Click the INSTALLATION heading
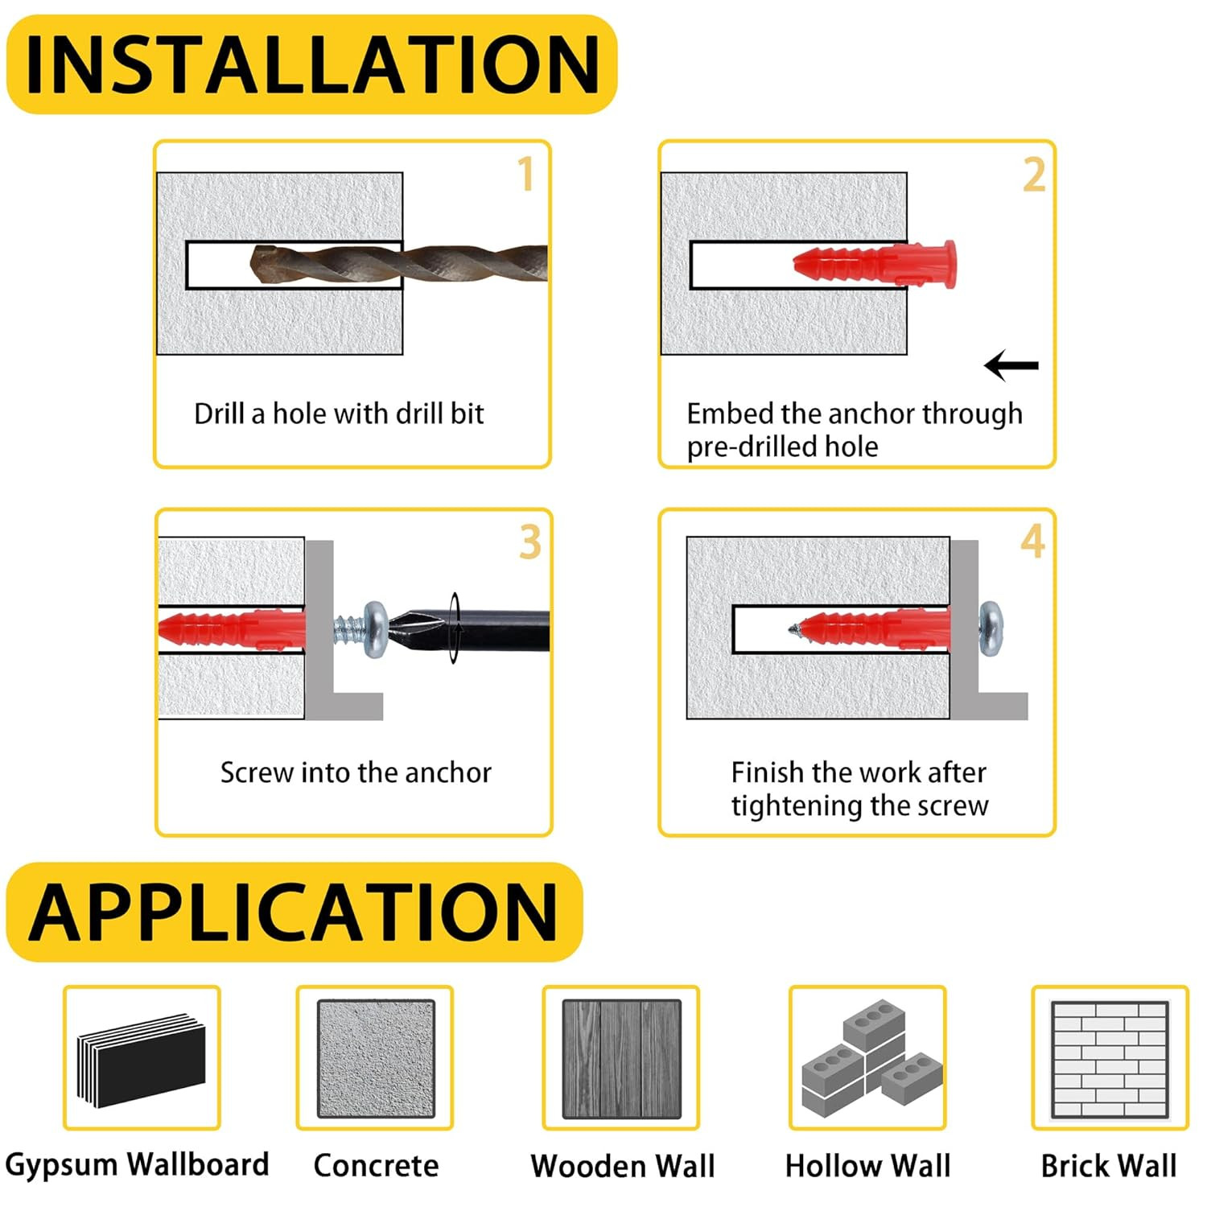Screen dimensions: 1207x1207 (312, 64)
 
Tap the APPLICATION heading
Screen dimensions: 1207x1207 (294, 912)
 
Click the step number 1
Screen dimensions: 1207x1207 (526, 174)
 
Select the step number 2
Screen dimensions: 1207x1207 (1034, 175)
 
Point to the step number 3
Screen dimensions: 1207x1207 (530, 542)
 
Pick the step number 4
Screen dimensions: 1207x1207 (1033, 541)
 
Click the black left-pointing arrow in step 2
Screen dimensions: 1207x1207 (1011, 365)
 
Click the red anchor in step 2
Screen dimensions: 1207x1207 (875, 264)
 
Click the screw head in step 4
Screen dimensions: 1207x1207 (991, 628)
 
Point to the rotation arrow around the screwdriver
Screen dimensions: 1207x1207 (455, 628)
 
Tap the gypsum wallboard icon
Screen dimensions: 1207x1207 (142, 1058)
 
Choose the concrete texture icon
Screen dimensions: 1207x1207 (376, 1058)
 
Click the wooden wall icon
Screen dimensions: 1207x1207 (621, 1058)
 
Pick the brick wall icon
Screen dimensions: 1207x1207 (1110, 1059)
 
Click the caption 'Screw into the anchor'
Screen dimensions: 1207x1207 (356, 772)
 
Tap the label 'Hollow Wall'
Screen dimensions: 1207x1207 (867, 1165)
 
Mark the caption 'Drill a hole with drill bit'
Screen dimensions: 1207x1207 (339, 414)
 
